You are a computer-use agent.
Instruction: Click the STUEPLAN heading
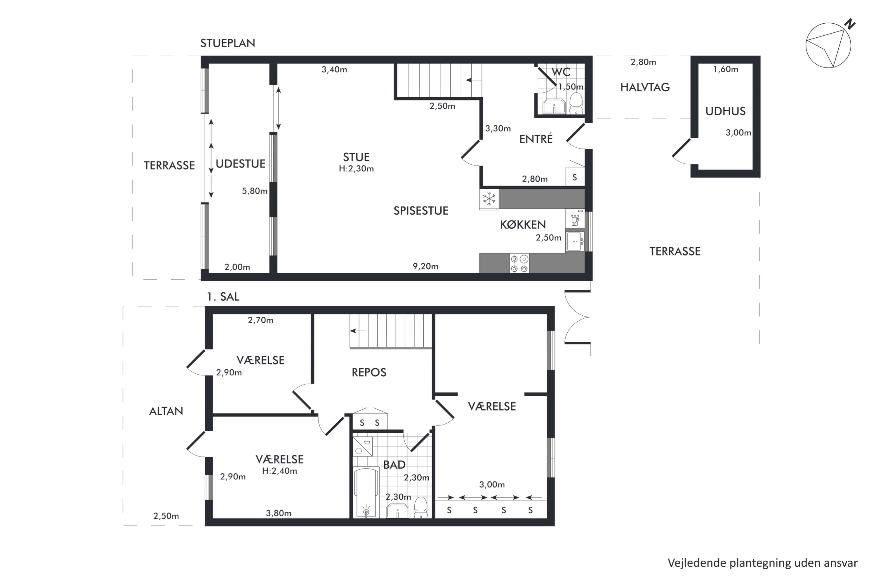[x=227, y=43]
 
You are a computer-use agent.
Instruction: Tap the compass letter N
[x=849, y=24]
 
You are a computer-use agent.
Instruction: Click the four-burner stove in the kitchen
[x=519, y=263]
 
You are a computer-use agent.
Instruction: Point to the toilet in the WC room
[x=576, y=103]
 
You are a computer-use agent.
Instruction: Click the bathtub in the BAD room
[x=366, y=492]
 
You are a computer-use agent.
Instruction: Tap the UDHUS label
[x=725, y=111]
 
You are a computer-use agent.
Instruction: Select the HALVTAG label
[x=645, y=87]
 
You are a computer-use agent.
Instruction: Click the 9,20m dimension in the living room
[x=425, y=266]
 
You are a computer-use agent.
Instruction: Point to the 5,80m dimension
[x=255, y=191]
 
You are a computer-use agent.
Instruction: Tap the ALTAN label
[x=166, y=411]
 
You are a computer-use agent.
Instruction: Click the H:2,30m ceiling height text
[x=356, y=169]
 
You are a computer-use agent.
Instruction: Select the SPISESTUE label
[x=421, y=211]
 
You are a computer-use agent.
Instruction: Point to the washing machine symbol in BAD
[x=363, y=446]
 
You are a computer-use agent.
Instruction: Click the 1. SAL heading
[x=223, y=297]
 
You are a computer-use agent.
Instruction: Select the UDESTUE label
[x=241, y=164]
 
